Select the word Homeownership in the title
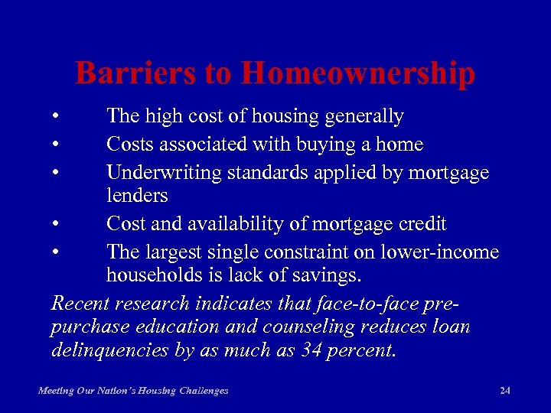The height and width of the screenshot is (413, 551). (x=357, y=74)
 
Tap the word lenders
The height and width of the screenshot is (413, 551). (x=137, y=196)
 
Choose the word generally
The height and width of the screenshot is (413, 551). (x=364, y=117)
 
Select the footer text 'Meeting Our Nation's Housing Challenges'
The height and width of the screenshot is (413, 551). (x=133, y=391)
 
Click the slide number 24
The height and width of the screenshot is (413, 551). (x=504, y=391)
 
